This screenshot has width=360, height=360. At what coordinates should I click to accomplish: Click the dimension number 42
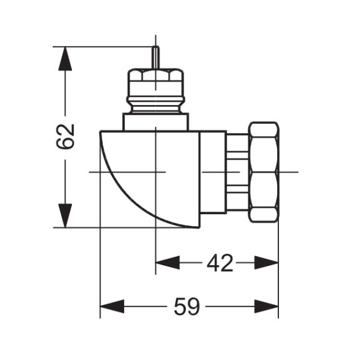pyautogui.click(x=220, y=263)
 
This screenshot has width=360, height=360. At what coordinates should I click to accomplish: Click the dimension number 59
pyautogui.click(x=187, y=307)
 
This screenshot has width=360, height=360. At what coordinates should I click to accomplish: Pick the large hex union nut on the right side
pyautogui.click(x=263, y=172)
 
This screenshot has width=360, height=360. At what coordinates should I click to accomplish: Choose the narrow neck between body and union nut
pyautogui.click(x=237, y=172)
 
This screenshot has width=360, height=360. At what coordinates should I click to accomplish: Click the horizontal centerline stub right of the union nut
pyautogui.click(x=289, y=172)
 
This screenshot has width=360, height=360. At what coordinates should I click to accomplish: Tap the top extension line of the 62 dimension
pyautogui.click(x=102, y=47)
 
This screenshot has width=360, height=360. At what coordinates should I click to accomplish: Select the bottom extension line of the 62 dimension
pyautogui.click(x=102, y=227)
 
